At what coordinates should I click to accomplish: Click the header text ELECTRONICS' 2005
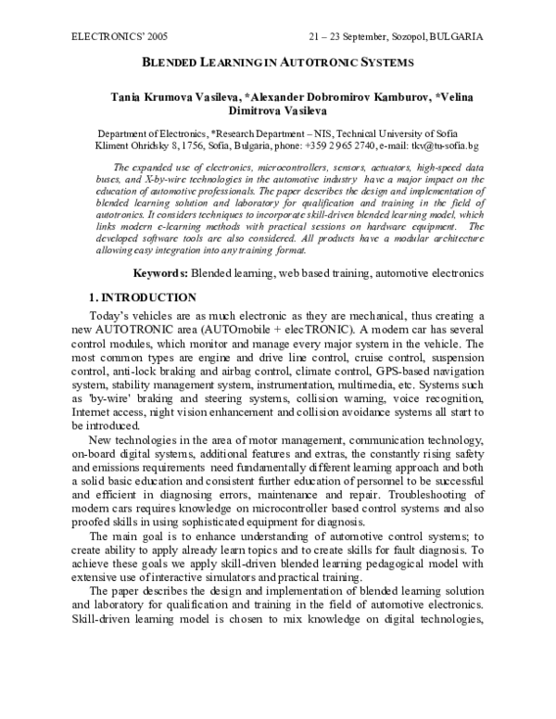coord(107,37)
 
